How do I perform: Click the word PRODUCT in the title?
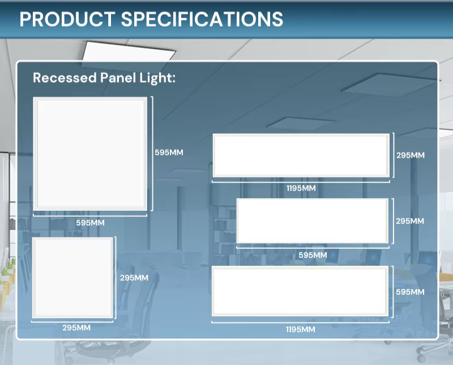tap(67, 19)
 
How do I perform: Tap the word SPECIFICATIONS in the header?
tap(202, 19)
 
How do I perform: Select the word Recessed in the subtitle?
tap(65, 78)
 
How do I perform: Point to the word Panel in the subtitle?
tap(118, 78)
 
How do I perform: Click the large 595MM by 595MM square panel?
tap(90, 154)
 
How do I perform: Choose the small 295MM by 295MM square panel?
tap(72, 278)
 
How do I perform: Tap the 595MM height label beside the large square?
tap(169, 152)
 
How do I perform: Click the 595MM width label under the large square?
tap(90, 223)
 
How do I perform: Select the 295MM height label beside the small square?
tap(134, 278)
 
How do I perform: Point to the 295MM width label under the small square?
tap(76, 328)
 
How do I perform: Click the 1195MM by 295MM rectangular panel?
tap(301, 156)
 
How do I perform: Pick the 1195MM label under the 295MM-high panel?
tap(301, 188)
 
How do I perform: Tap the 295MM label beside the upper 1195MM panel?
tap(411, 155)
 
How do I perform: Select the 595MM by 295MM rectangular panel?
tap(313, 221)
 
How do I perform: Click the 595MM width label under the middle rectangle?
tap(313, 255)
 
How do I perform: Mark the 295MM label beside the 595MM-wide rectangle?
tap(410, 221)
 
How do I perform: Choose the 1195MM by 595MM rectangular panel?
tap(300, 291)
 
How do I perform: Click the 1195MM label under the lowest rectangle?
tap(301, 329)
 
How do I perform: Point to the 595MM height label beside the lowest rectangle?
tap(410, 292)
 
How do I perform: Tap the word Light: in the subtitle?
tap(157, 78)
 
